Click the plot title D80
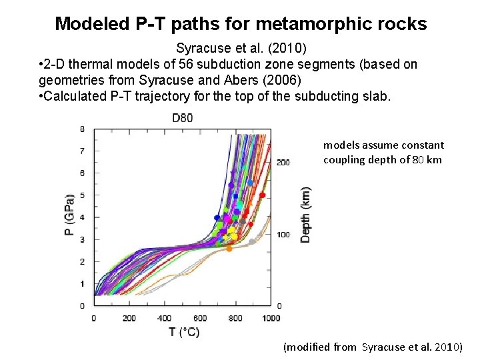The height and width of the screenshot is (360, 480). click(182, 119)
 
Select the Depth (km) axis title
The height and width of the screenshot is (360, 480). click(305, 214)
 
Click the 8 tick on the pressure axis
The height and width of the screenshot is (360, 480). click(82, 129)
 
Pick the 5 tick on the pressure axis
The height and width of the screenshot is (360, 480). click(82, 195)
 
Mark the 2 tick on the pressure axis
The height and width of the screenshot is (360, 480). click(82, 261)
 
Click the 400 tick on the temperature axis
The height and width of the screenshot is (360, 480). click(164, 318)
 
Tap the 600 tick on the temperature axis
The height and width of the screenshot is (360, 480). click(200, 318)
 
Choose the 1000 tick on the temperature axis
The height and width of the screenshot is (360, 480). click(271, 318)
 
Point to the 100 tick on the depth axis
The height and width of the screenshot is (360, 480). click(283, 235)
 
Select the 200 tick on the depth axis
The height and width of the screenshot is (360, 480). click(283, 163)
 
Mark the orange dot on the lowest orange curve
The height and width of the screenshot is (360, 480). click(229, 249)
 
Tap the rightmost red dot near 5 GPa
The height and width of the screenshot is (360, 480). click(263, 195)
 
